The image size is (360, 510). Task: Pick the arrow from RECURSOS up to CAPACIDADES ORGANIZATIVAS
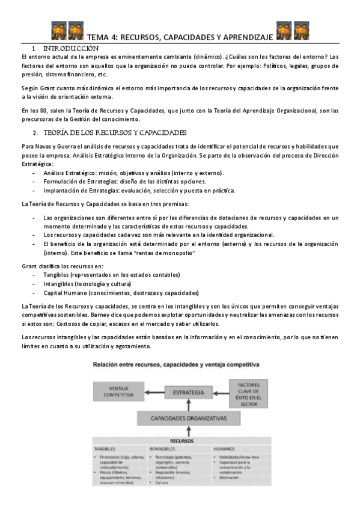pyautogui.click(x=189, y=431)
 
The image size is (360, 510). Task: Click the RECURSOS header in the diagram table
pyautogui.click(x=189, y=441)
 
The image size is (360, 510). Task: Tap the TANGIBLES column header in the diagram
pyautogui.click(x=105, y=449)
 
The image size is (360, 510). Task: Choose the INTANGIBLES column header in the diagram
pyautogui.click(x=163, y=449)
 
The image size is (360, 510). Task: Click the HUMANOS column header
pyautogui.click(x=225, y=449)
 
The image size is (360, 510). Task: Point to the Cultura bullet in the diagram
pyautogui.click(x=162, y=484)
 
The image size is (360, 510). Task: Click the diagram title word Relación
pyautogui.click(x=105, y=364)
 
